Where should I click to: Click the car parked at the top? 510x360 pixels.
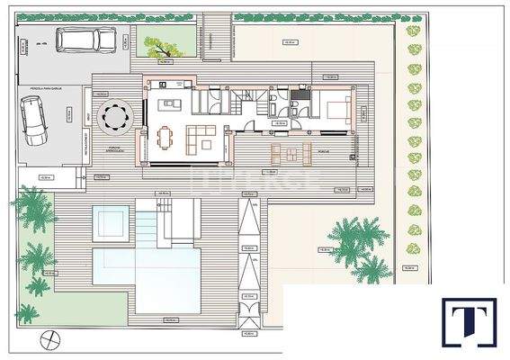85,40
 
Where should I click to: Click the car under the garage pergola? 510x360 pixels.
35,120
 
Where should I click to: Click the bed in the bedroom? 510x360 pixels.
336,110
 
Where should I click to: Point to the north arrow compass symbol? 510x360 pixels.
51,340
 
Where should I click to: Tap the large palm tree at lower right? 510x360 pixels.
357,240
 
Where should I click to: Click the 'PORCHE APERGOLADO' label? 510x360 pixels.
117,148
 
